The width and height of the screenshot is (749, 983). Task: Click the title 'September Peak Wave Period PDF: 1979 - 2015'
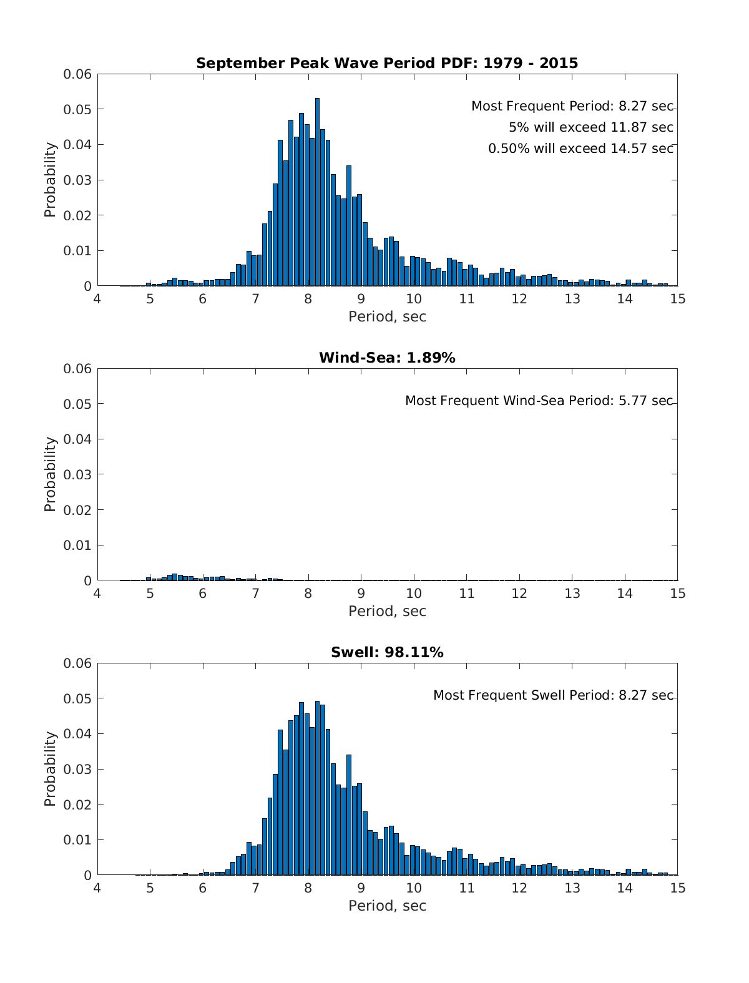click(387, 63)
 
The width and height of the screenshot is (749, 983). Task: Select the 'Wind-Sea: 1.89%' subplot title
click(387, 358)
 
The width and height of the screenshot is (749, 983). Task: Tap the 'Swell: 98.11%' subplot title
click(387, 652)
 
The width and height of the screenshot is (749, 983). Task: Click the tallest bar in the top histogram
click(317, 193)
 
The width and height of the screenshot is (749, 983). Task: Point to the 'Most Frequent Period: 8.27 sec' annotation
click(572, 106)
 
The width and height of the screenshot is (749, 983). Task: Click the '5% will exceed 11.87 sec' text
click(590, 127)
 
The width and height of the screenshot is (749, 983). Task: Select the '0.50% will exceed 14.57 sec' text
click(580, 149)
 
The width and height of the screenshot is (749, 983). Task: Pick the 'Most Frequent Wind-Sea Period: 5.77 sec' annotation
click(539, 401)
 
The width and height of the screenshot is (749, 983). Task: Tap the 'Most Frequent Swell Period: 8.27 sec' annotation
click(553, 695)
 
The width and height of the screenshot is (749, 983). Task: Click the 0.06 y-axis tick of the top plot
click(77, 74)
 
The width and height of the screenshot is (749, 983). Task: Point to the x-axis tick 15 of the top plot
click(677, 298)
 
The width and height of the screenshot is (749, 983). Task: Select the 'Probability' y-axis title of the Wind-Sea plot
click(50, 474)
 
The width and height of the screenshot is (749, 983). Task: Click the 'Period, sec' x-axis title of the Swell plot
click(387, 906)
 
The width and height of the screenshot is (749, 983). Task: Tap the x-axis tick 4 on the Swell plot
click(97, 888)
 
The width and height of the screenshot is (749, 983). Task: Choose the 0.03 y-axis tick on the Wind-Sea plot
click(77, 474)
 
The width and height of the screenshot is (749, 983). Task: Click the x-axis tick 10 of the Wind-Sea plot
click(413, 593)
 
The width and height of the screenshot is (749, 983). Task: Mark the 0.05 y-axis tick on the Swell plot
click(77, 698)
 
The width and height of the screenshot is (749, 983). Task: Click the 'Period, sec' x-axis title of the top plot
click(387, 316)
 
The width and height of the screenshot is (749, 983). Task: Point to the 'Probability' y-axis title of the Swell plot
click(50, 769)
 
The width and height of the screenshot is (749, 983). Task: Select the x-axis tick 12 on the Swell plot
click(519, 888)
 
